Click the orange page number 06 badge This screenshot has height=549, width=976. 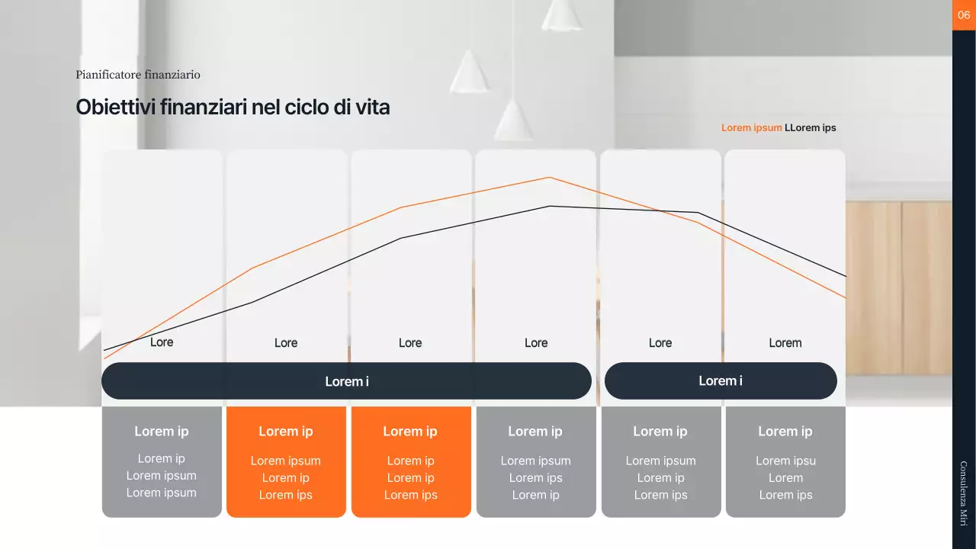click(x=964, y=15)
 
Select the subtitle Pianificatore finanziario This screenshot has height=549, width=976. click(x=138, y=75)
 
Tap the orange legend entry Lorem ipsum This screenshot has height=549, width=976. click(x=751, y=127)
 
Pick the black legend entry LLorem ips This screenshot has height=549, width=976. click(x=811, y=127)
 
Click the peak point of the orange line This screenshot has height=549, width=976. click(x=549, y=178)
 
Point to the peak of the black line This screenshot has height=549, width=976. click(x=549, y=206)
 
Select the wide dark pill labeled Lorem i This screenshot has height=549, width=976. click(x=346, y=381)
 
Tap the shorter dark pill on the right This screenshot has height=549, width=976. click(x=721, y=380)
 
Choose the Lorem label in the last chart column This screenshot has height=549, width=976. click(x=785, y=343)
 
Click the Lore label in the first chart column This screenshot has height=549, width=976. click(x=162, y=342)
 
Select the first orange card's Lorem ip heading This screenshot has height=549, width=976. click(x=286, y=432)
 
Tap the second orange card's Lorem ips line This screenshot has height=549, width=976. click(x=410, y=495)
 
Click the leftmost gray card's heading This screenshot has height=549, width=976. click(x=162, y=432)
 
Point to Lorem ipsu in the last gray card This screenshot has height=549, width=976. click(x=785, y=461)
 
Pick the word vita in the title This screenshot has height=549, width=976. click(x=373, y=108)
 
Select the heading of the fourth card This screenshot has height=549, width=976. click(x=535, y=432)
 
